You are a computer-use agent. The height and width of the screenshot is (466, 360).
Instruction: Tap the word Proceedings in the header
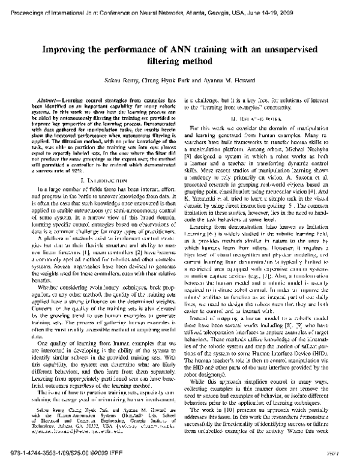(25, 6)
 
